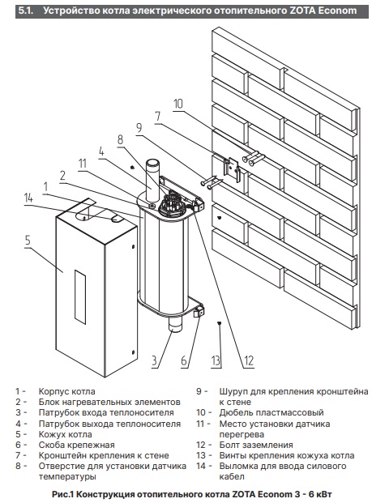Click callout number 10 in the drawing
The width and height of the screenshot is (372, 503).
click(x=178, y=104)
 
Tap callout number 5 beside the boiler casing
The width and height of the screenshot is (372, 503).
click(x=28, y=240)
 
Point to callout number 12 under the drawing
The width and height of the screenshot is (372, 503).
click(x=249, y=361)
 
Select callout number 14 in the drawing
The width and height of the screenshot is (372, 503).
click(x=28, y=198)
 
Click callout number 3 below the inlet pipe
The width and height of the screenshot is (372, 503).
click(x=154, y=360)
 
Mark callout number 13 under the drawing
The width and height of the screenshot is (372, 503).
click(x=216, y=361)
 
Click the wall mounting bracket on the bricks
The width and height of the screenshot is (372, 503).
click(x=233, y=168)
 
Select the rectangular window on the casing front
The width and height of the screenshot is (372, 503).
click(x=80, y=297)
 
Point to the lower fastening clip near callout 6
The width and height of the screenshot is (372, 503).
click(x=199, y=312)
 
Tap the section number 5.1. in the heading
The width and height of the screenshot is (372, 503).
click(x=26, y=11)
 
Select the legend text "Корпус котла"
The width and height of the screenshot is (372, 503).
click(x=66, y=392)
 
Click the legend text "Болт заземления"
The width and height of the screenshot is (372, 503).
click(x=256, y=445)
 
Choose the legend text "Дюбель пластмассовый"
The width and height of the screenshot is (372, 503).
click(x=272, y=412)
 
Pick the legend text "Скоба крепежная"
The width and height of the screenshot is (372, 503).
click(x=76, y=445)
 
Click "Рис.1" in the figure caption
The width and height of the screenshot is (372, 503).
click(x=63, y=494)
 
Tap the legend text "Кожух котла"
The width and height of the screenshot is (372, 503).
click(x=65, y=434)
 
